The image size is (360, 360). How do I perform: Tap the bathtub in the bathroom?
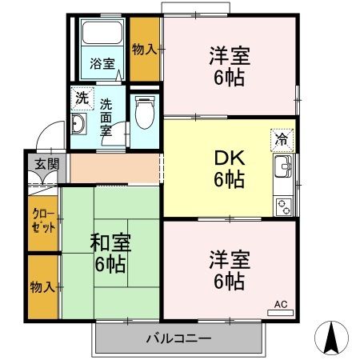pos(101,34)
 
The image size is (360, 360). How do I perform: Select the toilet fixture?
pos(145,113)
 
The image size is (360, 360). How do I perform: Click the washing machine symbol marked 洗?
pos(82,99)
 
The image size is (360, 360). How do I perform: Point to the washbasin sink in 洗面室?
pos(79,125)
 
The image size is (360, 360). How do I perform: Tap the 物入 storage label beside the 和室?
pos(42,286)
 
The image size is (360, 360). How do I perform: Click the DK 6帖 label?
pos(228,168)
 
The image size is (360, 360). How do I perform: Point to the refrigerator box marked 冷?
pos(282,138)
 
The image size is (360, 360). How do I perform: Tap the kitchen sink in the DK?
pos(284,168)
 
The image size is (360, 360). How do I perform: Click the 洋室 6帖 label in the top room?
pos(229,66)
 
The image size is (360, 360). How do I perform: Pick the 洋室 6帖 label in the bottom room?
pos(229,270)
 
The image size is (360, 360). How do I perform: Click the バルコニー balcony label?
pos(178,338)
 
